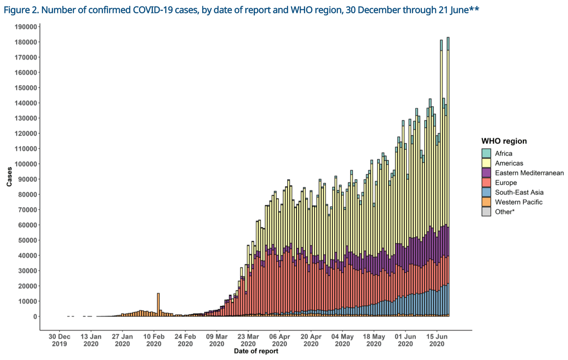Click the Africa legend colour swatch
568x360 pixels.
486,153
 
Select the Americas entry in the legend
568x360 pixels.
509,163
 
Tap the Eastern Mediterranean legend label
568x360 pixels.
529,173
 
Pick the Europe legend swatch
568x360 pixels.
486,183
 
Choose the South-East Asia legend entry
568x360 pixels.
519,192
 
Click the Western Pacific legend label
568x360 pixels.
518,202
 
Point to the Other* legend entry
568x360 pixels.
505,212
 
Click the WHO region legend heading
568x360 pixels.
504,141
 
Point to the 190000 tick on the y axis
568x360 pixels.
26,27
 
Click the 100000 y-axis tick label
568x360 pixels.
26,164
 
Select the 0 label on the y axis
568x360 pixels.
35,317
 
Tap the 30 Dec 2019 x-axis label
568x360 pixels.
59,340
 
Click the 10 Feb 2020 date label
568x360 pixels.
154,340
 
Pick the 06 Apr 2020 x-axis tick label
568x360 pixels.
279,340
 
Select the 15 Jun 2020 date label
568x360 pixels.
437,340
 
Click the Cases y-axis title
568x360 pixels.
9,177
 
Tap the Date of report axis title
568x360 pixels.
256,351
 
